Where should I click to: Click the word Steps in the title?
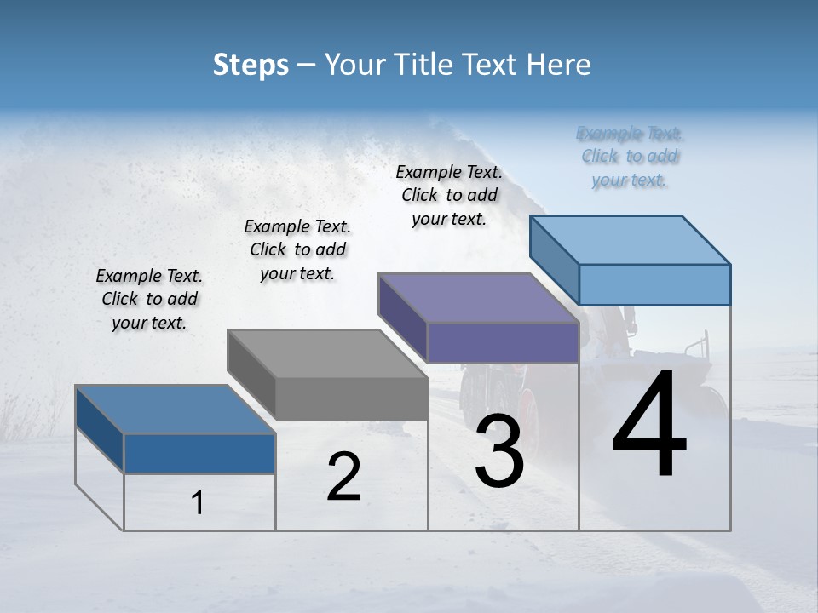pyautogui.click(x=251, y=65)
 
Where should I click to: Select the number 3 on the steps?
pyautogui.click(x=498, y=451)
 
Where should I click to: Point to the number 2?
pyautogui.click(x=343, y=478)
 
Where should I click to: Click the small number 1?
pyautogui.click(x=197, y=503)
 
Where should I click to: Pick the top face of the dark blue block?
pyautogui.click(x=176, y=410)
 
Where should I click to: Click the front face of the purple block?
pyautogui.click(x=503, y=343)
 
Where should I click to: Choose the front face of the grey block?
pyautogui.click(x=351, y=398)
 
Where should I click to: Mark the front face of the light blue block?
pyautogui.click(x=654, y=284)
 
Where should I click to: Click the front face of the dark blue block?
pyautogui.click(x=199, y=454)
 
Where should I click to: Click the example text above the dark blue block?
pyautogui.click(x=149, y=299)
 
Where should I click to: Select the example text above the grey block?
pyautogui.click(x=297, y=249)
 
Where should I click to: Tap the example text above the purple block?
pyautogui.click(x=449, y=195)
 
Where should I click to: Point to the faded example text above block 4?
pyautogui.click(x=630, y=157)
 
